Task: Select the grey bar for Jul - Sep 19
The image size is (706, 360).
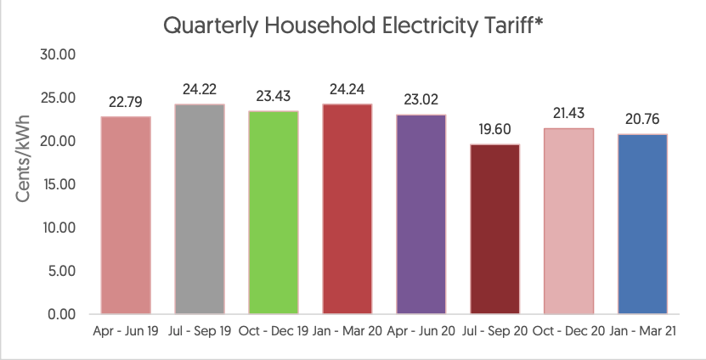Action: [x=200, y=209]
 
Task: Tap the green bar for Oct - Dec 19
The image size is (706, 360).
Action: [x=274, y=212]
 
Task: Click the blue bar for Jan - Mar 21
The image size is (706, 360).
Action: [x=642, y=224]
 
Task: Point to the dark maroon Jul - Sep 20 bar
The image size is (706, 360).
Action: [x=495, y=229]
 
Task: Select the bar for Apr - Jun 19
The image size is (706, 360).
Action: [x=126, y=215]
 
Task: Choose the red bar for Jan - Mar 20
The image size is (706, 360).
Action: [x=347, y=209]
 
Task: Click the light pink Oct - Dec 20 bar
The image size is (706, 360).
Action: [x=569, y=221]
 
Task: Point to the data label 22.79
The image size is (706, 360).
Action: [x=126, y=102]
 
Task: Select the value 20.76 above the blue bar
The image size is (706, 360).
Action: [x=642, y=120]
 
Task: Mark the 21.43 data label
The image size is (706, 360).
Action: [x=569, y=114]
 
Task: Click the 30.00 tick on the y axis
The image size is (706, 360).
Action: [x=59, y=54]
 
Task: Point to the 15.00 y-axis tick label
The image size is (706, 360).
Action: [x=59, y=184]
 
